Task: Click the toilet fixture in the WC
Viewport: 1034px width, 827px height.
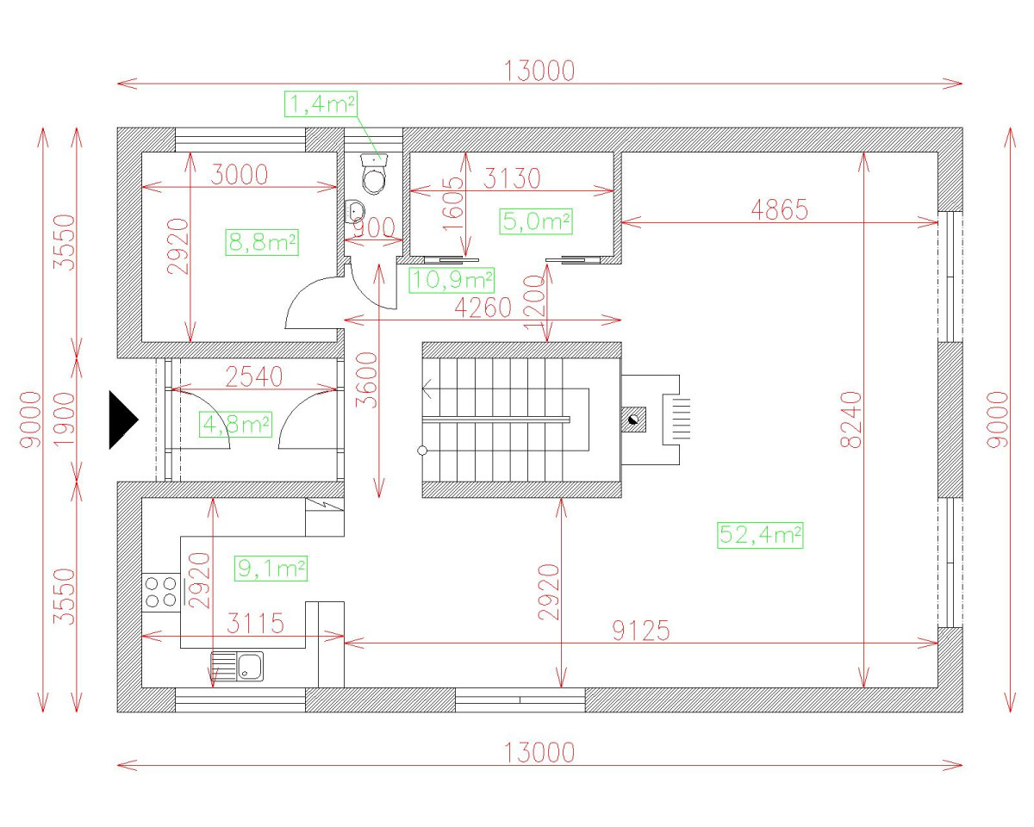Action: click(374, 173)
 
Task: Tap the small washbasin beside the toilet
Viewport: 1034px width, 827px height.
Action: click(355, 211)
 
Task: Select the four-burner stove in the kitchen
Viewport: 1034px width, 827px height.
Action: click(161, 592)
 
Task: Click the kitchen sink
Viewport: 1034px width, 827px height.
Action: click(237, 666)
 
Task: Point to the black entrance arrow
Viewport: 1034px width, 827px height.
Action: click(123, 420)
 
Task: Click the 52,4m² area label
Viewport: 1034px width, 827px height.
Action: click(760, 535)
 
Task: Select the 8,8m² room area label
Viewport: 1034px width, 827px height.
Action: click(262, 242)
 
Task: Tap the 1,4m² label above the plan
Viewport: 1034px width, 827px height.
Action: click(321, 103)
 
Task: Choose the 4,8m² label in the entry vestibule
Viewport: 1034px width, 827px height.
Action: click(235, 425)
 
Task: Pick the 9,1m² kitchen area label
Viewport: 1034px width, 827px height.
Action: click(271, 569)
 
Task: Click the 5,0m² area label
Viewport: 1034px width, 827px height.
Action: click(536, 221)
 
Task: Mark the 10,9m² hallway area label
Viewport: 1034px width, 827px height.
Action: click(452, 280)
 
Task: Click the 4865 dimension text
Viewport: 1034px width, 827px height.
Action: click(779, 210)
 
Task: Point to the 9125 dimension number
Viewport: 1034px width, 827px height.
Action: click(641, 631)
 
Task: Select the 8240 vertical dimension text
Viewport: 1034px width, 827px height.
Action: click(851, 420)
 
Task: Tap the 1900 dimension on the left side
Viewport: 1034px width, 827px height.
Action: click(64, 420)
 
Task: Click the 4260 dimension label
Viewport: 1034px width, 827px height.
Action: click(483, 308)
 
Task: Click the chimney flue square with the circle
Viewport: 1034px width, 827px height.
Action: click(633, 420)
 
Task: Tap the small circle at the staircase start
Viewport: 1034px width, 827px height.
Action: click(422, 451)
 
